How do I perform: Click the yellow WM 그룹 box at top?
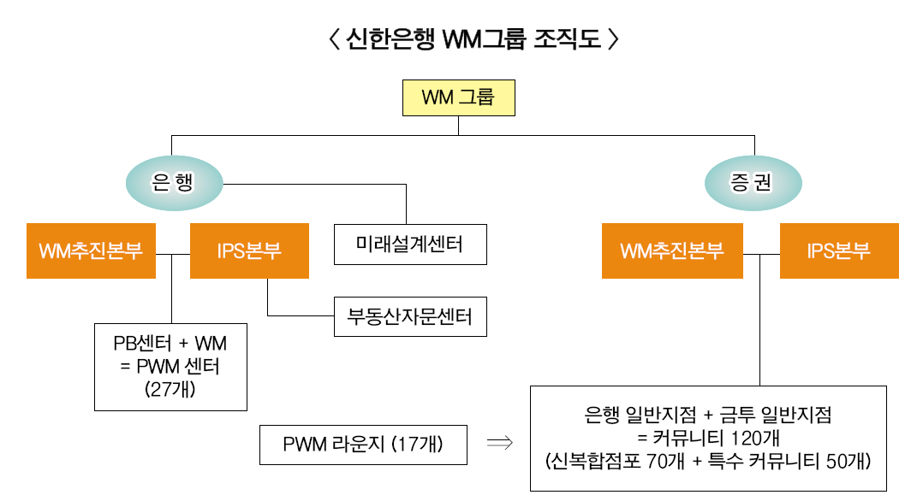pos(459,97)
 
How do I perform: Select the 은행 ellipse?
pos(174,181)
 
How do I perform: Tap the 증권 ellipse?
pos(753,181)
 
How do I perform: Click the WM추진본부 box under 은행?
pos(91,251)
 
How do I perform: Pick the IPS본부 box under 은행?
pos(249,251)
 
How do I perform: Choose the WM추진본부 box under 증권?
pos(672,251)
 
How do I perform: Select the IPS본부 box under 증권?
pos(839,251)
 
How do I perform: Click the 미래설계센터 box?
pos(409,245)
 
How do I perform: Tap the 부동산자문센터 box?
pos(409,318)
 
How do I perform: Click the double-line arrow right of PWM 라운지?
pos(499,443)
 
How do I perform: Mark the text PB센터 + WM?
pos(170,345)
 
